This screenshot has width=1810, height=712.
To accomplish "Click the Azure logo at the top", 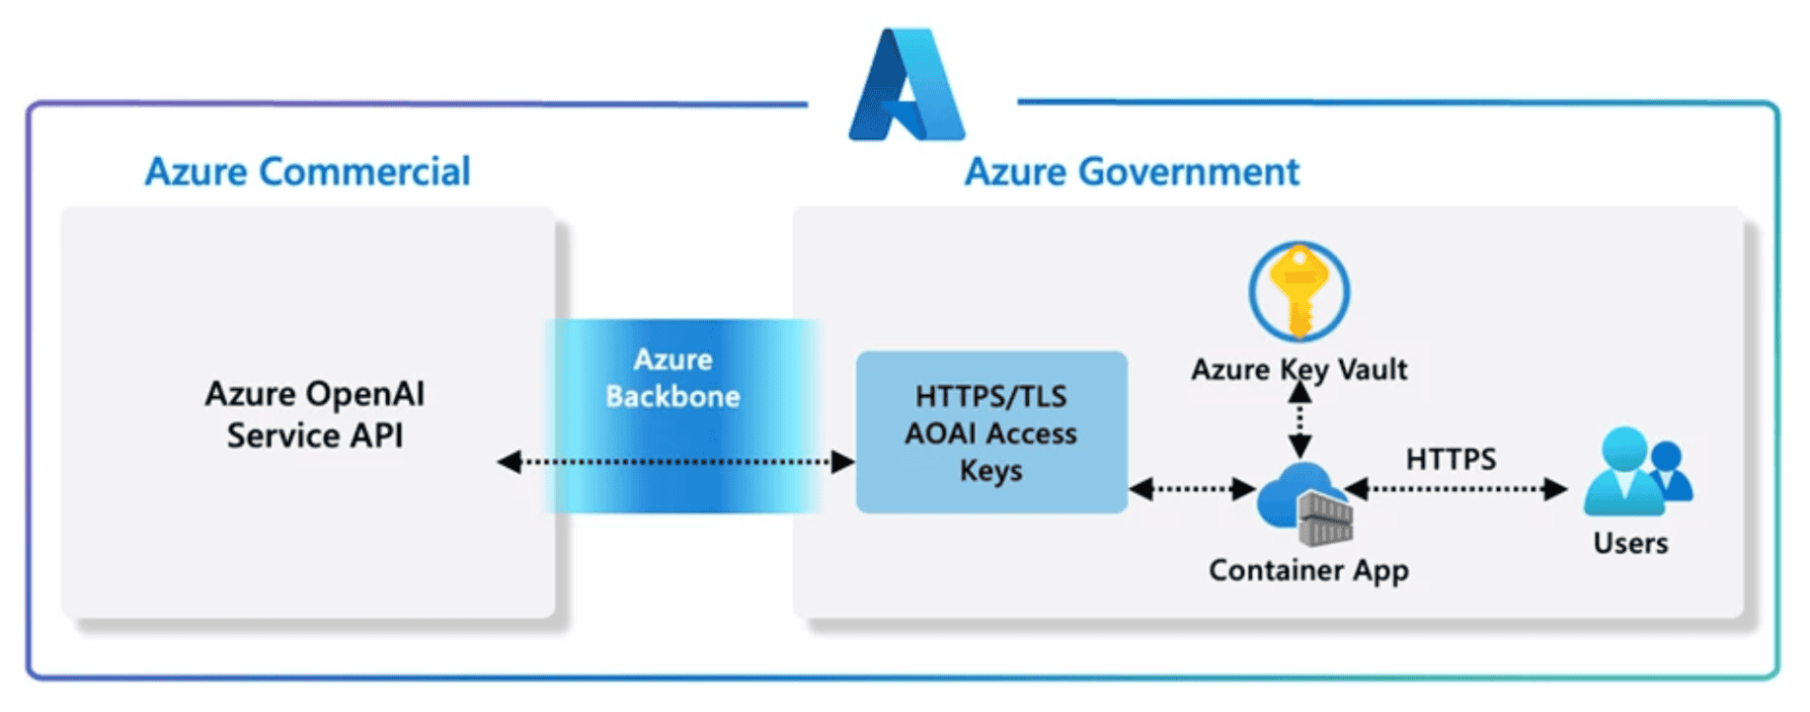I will pos(906,86).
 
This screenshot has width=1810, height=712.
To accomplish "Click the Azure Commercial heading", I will pos(307,172).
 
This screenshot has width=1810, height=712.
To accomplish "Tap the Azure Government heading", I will pos(1132,172).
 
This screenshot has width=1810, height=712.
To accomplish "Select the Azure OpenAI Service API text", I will pos(315,415).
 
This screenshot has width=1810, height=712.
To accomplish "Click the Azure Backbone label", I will pos(673,378).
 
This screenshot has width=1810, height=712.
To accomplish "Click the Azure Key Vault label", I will pos(1298,369).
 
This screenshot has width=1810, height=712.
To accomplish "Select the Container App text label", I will pos(1308,571).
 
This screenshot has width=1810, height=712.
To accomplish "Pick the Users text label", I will pos(1630,543).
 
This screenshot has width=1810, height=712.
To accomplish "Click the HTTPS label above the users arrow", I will pos(1451,459).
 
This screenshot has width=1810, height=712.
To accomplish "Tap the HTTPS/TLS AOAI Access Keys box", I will pos(991,433).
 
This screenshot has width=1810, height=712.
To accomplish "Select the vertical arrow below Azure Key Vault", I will pos(1299,420).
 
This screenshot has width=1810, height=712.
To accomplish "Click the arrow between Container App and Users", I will pos(1456,489).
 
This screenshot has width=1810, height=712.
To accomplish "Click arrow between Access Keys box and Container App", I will pos(1192,489).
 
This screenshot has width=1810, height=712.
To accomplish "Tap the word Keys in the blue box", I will pos(991,471).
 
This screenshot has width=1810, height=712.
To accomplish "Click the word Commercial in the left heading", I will pos(364,172).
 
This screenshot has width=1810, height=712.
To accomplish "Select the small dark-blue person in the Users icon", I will pos(1669,471).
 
